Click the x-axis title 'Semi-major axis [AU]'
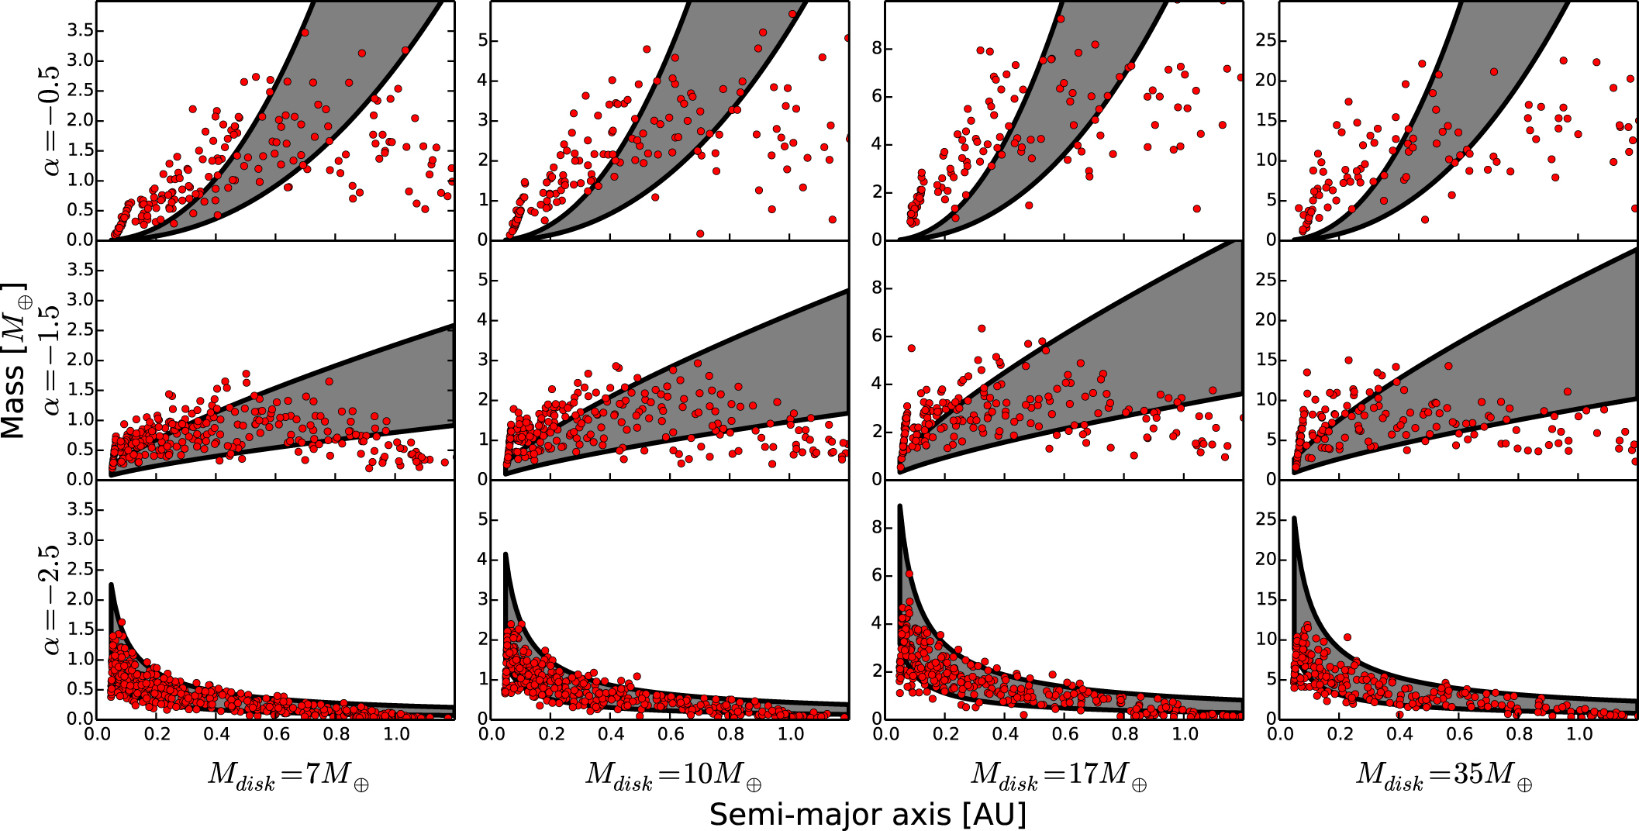tap(868, 814)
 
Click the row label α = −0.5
tap(50, 120)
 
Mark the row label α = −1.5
tap(50, 360)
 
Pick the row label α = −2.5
tap(50, 599)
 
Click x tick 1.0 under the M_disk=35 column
tap(1579, 733)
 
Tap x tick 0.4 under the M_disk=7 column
tap(216, 733)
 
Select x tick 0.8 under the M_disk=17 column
tap(1125, 733)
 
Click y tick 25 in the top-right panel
tap(1266, 40)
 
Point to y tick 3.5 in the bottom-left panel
tap(81, 509)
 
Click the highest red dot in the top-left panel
tap(305, 33)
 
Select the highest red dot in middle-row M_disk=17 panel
tap(982, 329)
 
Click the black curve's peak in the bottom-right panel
tap(1294, 518)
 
